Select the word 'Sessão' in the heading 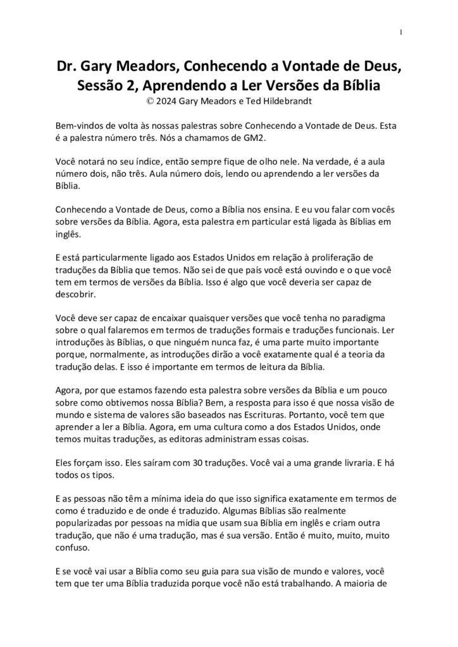(99, 85)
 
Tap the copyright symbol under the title (149, 100)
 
